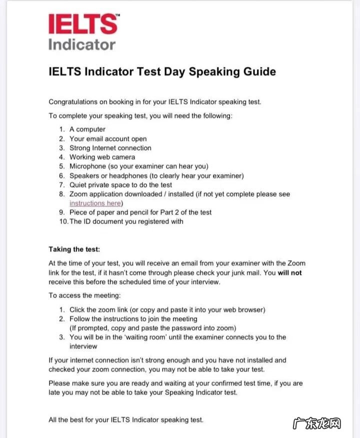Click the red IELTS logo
click(83, 23)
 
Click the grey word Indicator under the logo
click(82, 44)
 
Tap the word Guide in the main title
click(256, 71)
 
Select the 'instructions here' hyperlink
click(95, 203)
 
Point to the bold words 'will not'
click(290, 272)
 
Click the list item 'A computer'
click(87, 129)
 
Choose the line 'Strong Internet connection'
click(110, 148)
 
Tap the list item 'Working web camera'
click(102, 157)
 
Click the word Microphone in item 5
click(87, 166)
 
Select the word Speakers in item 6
click(84, 175)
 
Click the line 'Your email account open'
click(108, 138)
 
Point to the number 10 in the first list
click(62, 221)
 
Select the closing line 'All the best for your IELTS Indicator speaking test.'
click(126, 420)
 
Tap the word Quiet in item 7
click(79, 184)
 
